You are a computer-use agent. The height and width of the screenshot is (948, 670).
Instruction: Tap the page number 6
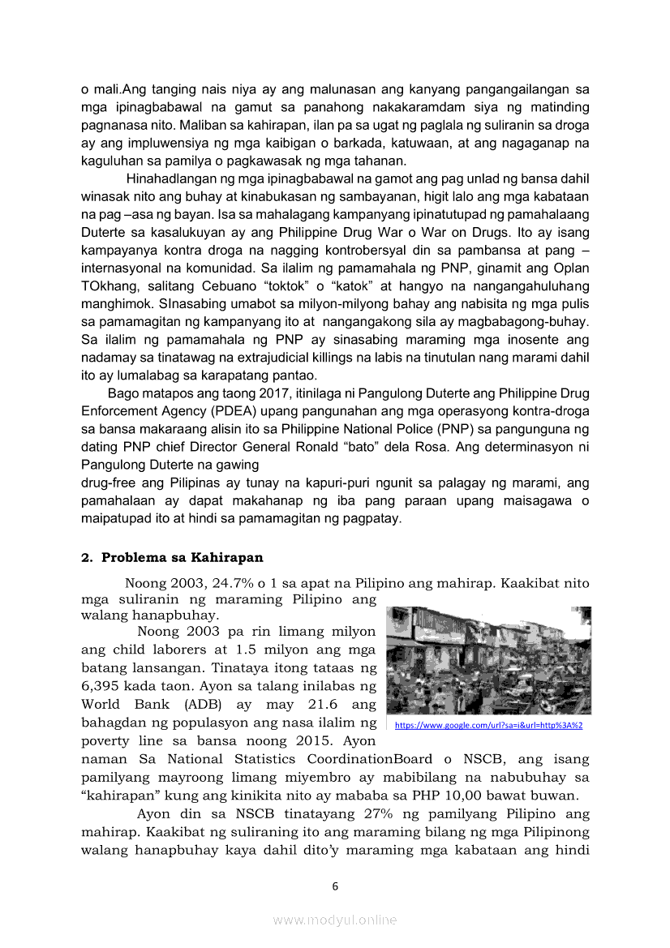[335, 886]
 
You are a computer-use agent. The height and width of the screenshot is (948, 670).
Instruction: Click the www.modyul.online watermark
[335, 920]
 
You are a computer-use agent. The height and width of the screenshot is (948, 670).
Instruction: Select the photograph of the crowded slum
[488, 660]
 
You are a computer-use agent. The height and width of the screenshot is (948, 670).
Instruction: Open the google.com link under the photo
[488, 725]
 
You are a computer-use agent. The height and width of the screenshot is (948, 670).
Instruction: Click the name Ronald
[367, 447]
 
